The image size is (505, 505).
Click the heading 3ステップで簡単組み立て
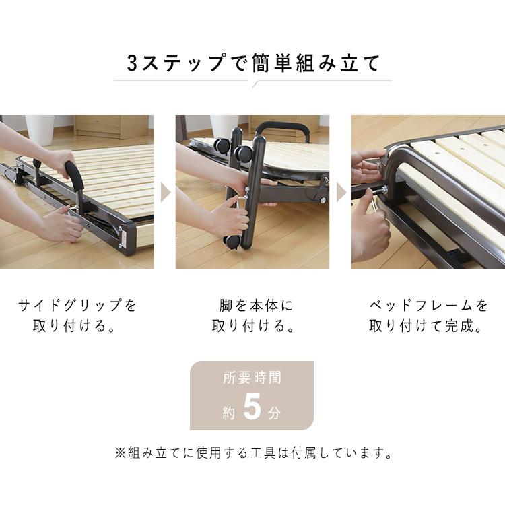253,64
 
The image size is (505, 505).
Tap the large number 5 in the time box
252,409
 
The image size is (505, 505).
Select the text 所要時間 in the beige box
252,378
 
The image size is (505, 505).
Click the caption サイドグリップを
77,306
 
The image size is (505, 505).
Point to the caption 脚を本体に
252,306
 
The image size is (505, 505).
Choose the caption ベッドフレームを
428,306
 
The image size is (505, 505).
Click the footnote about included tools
253,452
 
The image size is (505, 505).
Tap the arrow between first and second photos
165,193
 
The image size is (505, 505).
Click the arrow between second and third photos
341,193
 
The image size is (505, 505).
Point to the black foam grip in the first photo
74,174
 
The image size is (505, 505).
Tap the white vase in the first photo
40,129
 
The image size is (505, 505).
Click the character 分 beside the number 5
274,413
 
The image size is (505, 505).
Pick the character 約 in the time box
229,413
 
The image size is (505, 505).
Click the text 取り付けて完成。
428,327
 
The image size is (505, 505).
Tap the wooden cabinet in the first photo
111,126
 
